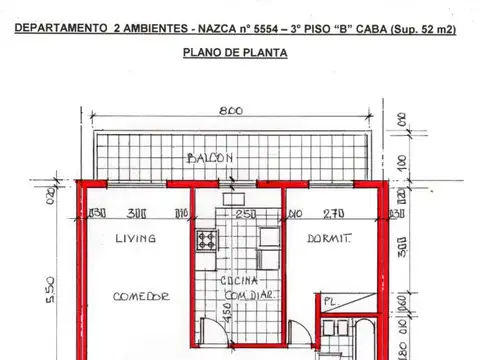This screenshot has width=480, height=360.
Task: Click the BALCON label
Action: (x=210, y=158)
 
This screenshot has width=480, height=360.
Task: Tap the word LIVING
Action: (x=135, y=238)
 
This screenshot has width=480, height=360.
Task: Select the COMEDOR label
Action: (x=141, y=296)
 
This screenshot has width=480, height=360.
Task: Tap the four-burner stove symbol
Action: (x=207, y=240)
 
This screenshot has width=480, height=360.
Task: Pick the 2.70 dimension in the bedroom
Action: (x=331, y=212)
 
